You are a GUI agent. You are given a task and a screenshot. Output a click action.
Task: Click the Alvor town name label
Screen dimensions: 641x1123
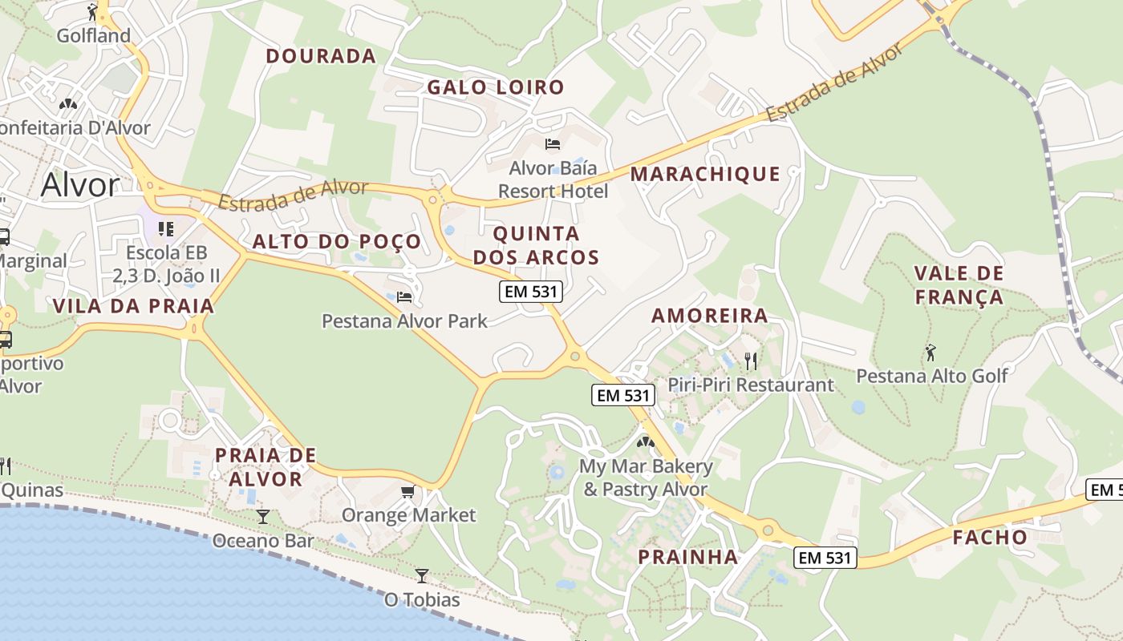click(x=79, y=185)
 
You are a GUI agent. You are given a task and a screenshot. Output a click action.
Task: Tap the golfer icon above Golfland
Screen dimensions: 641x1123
click(x=93, y=12)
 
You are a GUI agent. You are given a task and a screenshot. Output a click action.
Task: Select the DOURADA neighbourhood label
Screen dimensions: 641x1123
click(x=321, y=56)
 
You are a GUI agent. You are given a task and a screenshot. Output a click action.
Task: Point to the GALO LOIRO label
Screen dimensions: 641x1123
click(x=496, y=87)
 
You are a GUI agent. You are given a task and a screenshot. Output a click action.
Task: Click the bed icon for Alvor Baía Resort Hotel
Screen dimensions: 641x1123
click(x=553, y=144)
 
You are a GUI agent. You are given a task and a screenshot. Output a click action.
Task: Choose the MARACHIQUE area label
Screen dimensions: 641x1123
click(x=705, y=174)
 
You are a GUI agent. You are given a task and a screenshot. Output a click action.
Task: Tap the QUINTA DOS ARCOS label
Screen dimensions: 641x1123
click(x=537, y=245)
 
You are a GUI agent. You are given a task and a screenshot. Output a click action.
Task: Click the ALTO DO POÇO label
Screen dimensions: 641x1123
click(x=337, y=242)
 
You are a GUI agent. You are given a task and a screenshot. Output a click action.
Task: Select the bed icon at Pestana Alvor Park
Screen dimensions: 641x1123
click(x=404, y=297)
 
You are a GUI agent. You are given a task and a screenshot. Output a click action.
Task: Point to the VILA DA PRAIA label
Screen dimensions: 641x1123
click(x=134, y=306)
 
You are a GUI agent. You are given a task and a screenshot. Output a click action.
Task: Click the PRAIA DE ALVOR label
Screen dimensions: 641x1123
click(x=266, y=467)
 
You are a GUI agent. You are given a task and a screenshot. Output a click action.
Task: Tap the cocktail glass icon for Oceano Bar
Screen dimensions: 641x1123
click(x=263, y=517)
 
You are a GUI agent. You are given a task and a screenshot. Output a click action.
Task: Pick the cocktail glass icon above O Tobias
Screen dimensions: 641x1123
click(x=421, y=575)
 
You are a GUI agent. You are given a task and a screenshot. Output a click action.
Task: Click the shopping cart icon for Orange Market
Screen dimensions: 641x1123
click(x=408, y=491)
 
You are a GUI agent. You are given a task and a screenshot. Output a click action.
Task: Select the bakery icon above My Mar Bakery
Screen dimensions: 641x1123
click(x=646, y=441)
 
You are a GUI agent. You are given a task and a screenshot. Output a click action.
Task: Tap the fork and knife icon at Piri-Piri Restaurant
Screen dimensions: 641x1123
click(x=751, y=361)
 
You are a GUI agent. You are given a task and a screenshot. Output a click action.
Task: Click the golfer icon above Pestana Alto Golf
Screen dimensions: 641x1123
click(x=930, y=352)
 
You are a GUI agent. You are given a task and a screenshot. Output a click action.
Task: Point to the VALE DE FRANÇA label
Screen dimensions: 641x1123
click(x=959, y=285)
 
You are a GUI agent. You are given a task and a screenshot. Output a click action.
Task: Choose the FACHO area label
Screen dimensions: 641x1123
click(x=990, y=538)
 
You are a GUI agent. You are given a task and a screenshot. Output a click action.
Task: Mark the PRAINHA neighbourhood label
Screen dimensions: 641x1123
click(x=688, y=557)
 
